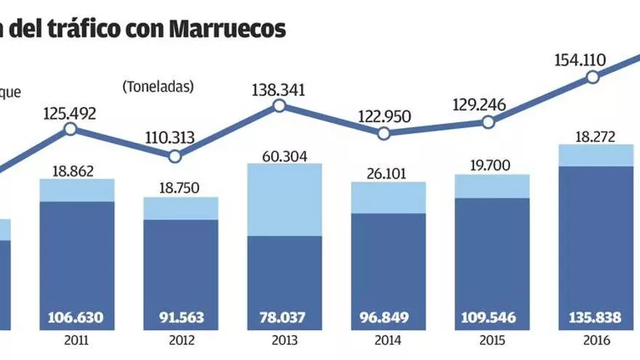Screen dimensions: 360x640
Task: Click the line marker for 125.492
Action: point(71,129)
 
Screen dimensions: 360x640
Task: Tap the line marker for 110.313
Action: point(175,156)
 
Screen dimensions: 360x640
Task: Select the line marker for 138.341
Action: point(279,106)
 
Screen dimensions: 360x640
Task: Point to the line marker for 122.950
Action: point(384,133)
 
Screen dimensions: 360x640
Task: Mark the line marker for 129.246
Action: point(488,122)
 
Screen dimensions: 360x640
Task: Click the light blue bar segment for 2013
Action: point(284,199)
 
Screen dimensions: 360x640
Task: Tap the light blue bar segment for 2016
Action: point(596,156)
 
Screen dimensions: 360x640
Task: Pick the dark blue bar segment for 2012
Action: point(180,262)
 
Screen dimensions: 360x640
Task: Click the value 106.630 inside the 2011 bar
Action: point(76,318)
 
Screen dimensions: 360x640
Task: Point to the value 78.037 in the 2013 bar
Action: point(284,318)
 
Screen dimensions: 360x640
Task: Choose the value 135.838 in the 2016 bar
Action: point(596,318)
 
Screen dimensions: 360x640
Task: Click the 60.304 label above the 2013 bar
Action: point(284,156)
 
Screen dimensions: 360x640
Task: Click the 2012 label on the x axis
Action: point(180,339)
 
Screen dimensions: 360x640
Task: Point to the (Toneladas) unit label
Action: point(158,87)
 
